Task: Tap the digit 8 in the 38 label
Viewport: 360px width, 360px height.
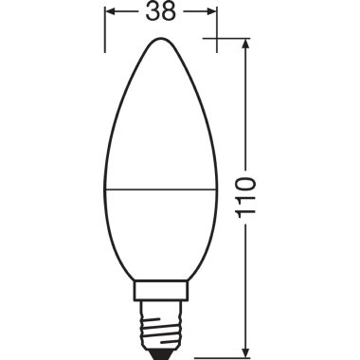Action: pos(168,15)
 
